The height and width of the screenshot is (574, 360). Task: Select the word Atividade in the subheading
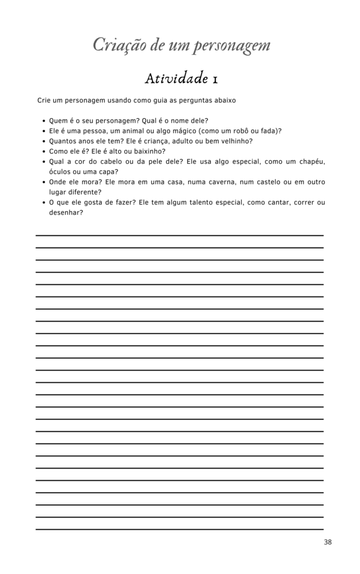(176, 78)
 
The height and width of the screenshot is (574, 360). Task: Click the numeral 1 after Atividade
(215, 79)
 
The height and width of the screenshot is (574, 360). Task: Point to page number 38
(328, 542)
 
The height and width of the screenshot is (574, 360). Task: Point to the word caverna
(216, 182)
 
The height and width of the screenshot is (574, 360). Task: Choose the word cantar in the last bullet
(270, 202)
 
